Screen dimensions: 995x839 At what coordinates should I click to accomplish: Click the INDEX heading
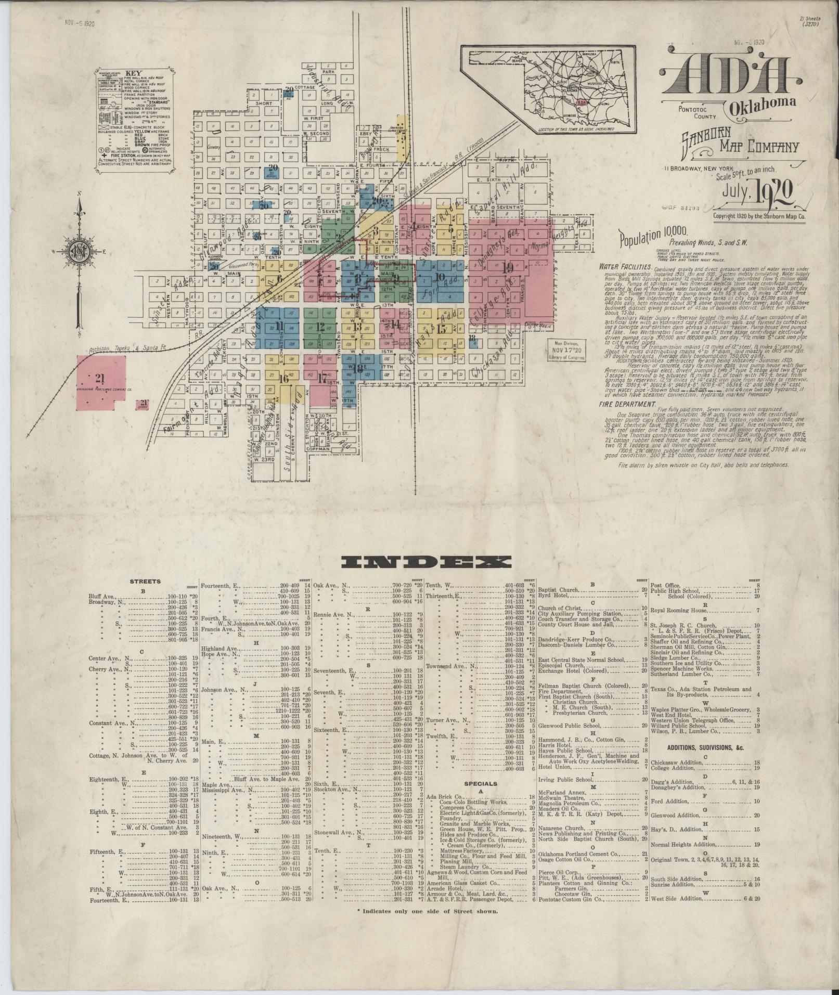click(426, 561)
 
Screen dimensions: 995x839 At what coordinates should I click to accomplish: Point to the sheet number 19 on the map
click(508, 268)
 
